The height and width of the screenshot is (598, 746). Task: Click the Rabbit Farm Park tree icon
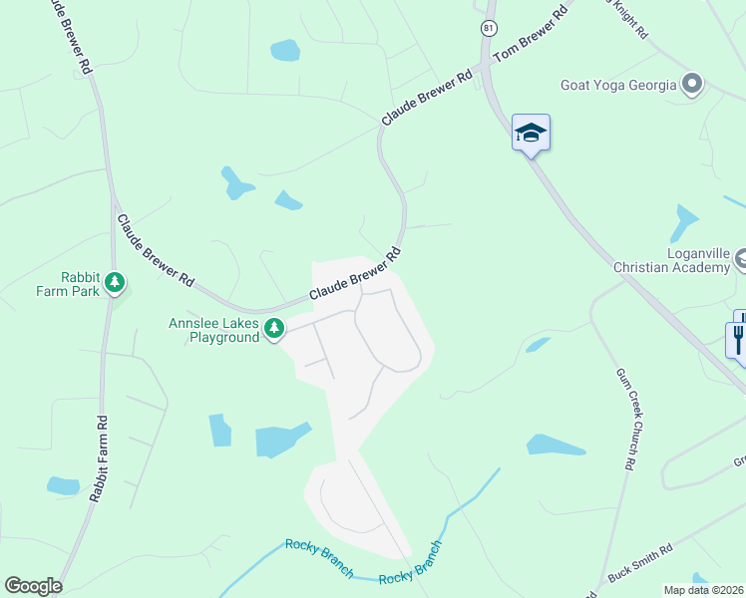[x=116, y=283]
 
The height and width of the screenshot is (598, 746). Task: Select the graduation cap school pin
[x=531, y=132]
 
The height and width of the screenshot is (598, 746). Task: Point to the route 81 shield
[x=487, y=28]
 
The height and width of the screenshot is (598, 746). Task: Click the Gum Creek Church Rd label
[x=624, y=419]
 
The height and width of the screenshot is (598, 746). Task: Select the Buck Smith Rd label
[x=641, y=563]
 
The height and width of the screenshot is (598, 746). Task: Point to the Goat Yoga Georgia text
[x=618, y=85]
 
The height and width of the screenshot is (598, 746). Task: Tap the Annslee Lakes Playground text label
[x=213, y=330]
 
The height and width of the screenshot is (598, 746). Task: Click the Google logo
[x=33, y=586]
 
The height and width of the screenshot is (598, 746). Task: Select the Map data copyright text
[x=704, y=589]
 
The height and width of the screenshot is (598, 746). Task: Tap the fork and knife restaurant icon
[x=738, y=338]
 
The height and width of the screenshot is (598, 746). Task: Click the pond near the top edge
[x=284, y=50]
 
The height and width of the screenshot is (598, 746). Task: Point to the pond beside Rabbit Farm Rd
[x=63, y=486]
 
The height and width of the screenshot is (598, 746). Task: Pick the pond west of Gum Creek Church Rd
[x=555, y=445]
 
